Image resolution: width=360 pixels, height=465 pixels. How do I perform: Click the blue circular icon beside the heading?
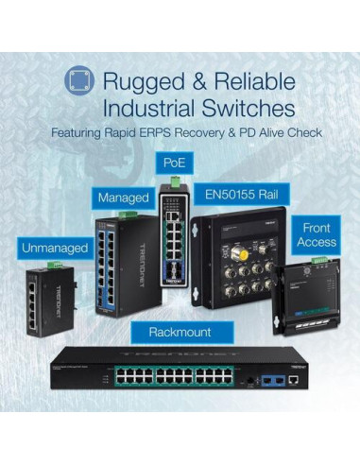point(81,83)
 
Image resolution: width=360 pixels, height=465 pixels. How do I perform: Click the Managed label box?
point(123,198)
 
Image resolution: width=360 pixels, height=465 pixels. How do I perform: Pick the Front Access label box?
point(317,235)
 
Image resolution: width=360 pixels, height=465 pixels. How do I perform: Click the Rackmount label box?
point(180,332)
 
